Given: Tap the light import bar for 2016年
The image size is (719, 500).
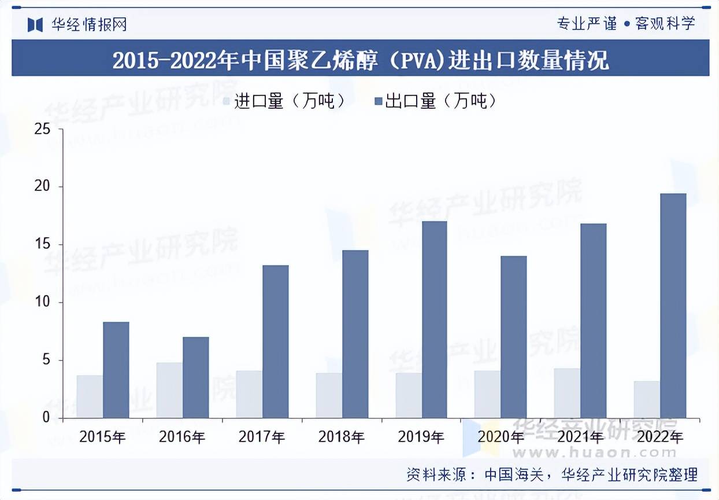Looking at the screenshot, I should point(169,390).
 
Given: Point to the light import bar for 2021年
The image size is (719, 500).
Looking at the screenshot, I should point(567,393).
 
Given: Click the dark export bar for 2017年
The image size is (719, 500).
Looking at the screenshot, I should point(275,341).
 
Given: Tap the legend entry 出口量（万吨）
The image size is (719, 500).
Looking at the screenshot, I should point(436,102).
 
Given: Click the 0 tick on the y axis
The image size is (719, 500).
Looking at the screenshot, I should point(46,418).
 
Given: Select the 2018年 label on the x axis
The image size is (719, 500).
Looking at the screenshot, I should point(342,437).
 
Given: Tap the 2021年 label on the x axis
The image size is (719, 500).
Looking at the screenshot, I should point(580,437).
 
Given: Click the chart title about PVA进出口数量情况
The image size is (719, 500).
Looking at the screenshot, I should point(360,60).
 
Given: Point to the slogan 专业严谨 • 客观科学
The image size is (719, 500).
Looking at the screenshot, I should point(625,24).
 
